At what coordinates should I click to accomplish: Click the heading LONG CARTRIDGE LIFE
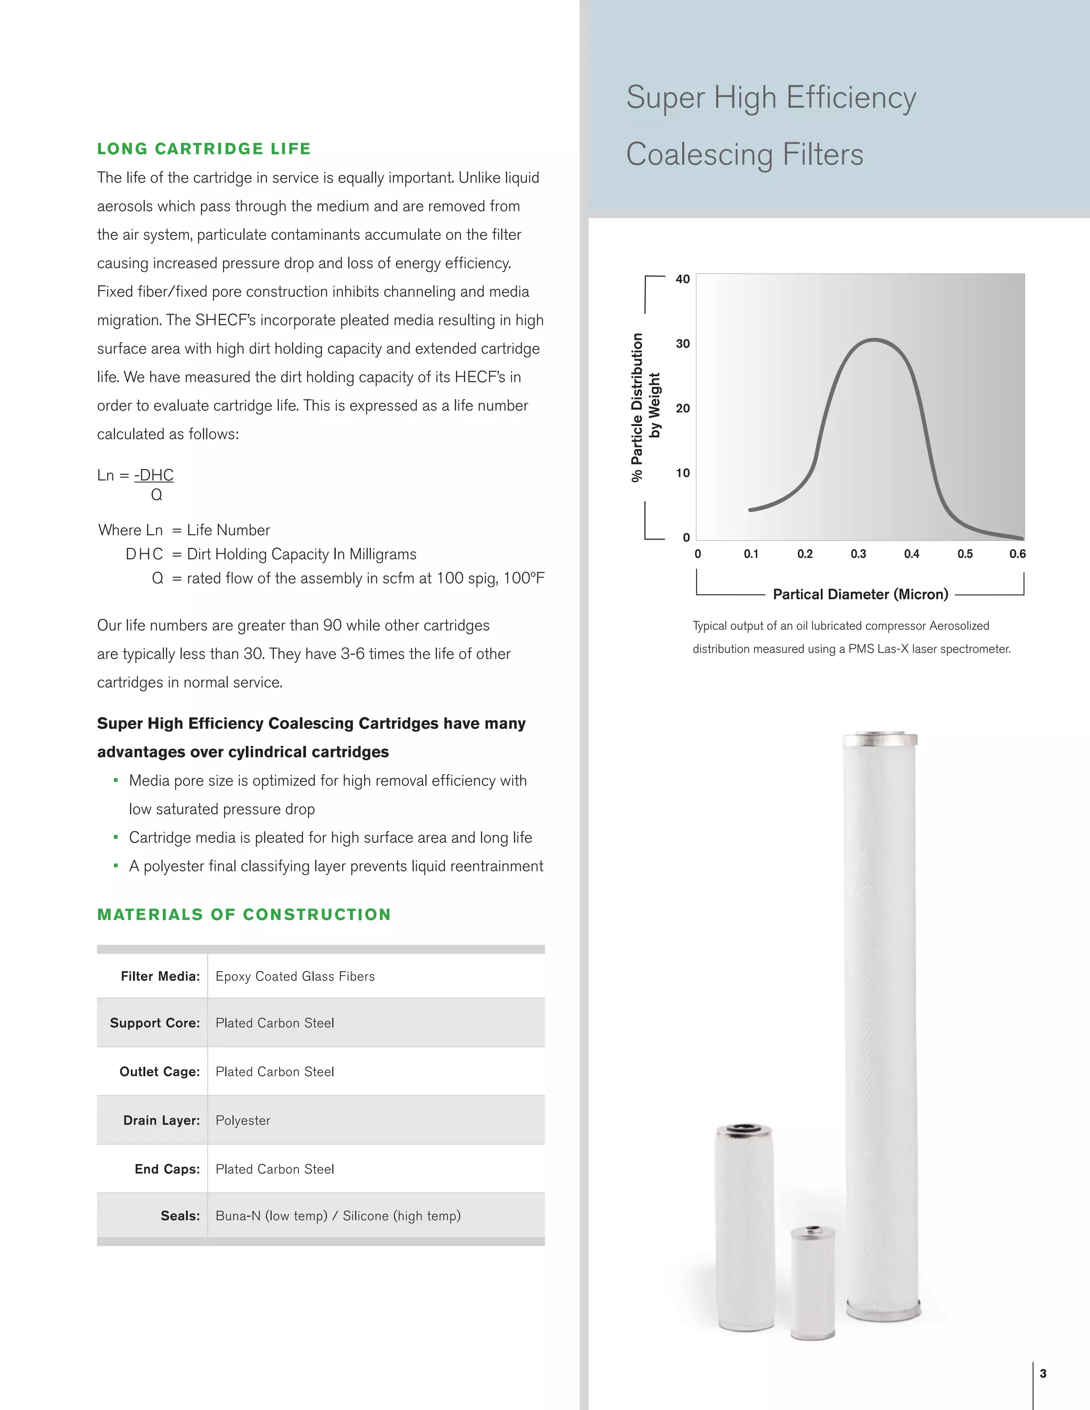click(x=204, y=148)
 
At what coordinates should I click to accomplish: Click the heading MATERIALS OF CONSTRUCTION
click(x=244, y=914)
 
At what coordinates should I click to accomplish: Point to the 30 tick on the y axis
click(x=682, y=344)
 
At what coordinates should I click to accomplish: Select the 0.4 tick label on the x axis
click(x=911, y=554)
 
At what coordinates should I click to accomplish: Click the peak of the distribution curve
click(x=874, y=339)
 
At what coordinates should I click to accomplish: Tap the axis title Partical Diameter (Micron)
click(x=860, y=594)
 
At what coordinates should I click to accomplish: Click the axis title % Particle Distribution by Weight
click(x=646, y=408)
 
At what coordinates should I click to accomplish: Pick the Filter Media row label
click(x=160, y=976)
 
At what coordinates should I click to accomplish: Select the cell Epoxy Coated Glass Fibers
click(x=295, y=976)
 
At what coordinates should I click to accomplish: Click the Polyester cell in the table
click(x=243, y=1120)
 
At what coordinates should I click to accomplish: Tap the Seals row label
click(x=180, y=1216)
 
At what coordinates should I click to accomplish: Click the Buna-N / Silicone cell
click(x=338, y=1216)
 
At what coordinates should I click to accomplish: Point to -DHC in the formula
click(x=154, y=475)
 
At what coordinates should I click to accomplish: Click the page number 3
click(x=1043, y=1373)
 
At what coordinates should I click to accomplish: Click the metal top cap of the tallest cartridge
click(x=880, y=738)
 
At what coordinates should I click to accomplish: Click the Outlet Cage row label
click(x=160, y=1072)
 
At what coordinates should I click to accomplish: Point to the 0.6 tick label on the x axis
click(x=1017, y=554)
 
